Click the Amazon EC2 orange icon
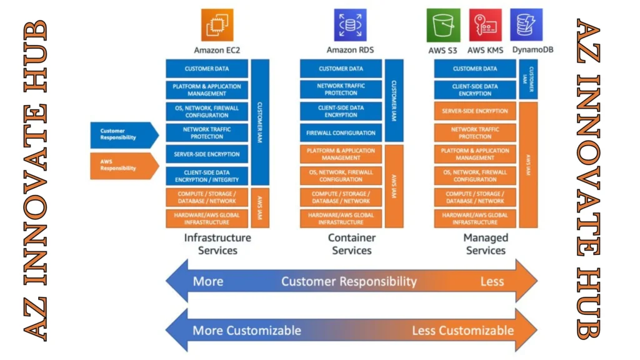tap(217, 25)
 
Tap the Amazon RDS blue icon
tap(350, 25)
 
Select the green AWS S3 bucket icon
tap(444, 25)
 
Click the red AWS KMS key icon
tap(486, 25)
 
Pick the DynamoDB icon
tap(526, 25)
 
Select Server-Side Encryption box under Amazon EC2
tap(207, 154)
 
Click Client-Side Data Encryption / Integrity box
tap(207, 176)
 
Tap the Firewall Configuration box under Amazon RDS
tap(341, 132)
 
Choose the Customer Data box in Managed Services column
tap(475, 69)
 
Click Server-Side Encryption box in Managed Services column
tap(475, 111)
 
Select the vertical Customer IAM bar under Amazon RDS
tap(394, 100)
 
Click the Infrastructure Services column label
tap(217, 244)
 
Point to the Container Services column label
tap(352, 244)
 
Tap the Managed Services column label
tap(486, 244)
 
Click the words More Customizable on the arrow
tap(246, 330)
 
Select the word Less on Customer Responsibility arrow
tap(492, 281)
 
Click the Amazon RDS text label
tap(350, 50)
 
